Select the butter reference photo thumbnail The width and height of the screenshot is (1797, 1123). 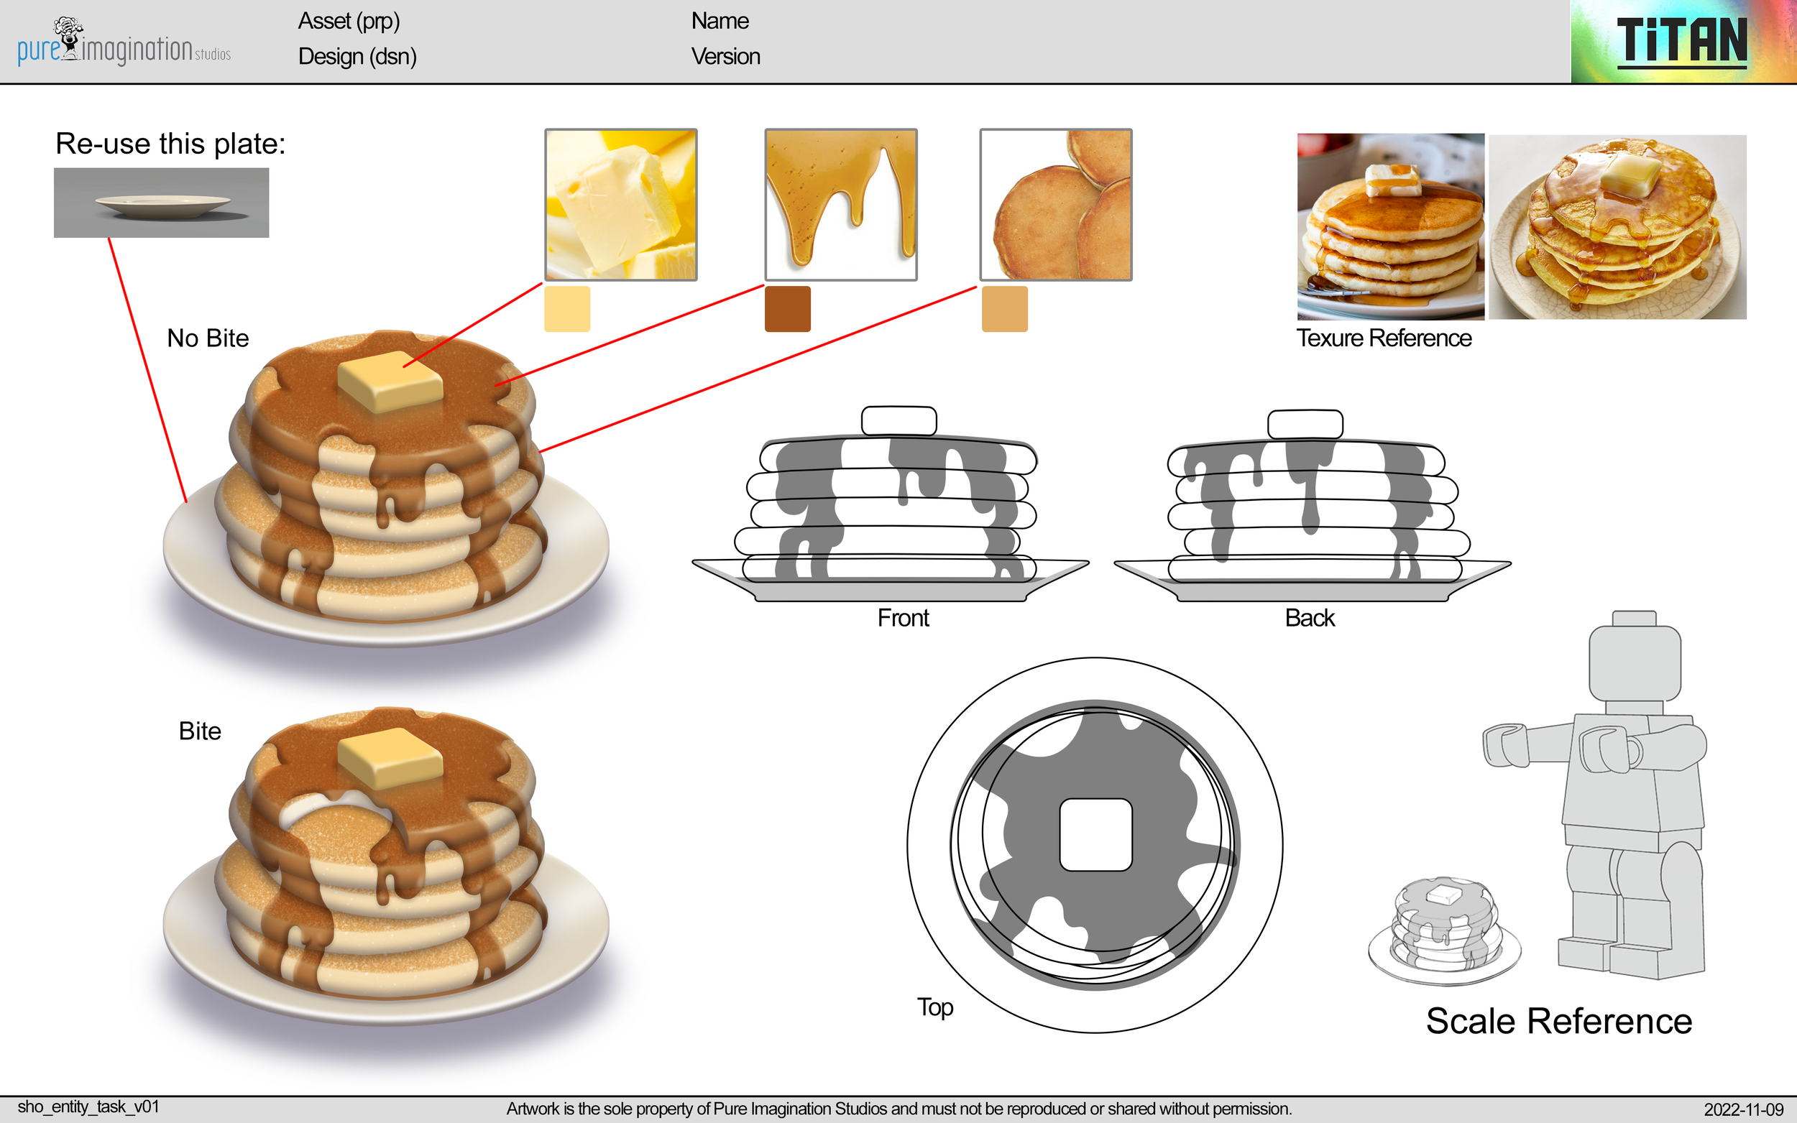coord(620,204)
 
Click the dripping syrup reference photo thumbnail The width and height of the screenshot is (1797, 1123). coord(841,204)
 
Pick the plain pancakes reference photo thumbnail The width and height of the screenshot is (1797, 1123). coord(1056,204)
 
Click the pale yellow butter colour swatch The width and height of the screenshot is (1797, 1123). coord(567,309)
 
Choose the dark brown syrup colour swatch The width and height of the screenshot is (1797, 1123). coord(787,309)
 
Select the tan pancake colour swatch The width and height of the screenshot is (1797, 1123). coord(1004,309)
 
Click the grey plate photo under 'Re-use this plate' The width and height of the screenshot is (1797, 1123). coord(161,203)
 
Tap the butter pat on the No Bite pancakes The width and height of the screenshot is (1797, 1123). coord(390,381)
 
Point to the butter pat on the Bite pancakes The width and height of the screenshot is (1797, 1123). coord(390,757)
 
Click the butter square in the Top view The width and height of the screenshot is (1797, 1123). coord(1095,834)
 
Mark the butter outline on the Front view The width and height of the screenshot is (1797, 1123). coord(899,420)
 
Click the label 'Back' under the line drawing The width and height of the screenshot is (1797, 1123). coord(1309,618)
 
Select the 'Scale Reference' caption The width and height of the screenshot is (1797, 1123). coord(1558,1021)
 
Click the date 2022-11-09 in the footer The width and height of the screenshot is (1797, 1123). coord(1743,1109)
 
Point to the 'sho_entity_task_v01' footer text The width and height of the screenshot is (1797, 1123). coord(88,1106)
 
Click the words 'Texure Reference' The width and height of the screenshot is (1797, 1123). coord(1383,338)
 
